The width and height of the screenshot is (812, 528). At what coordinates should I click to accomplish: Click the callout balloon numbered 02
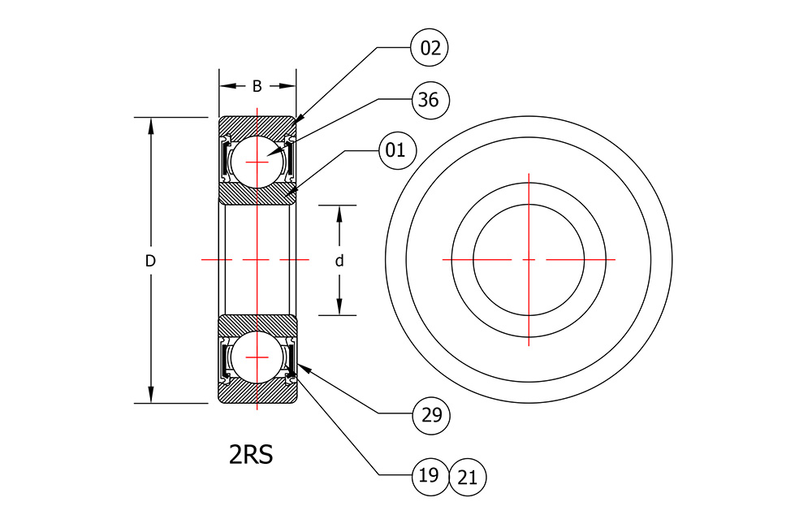pos(430,48)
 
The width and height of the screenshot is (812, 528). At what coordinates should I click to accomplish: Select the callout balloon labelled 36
pos(430,100)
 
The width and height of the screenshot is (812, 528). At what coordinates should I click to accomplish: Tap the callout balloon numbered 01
pos(398,150)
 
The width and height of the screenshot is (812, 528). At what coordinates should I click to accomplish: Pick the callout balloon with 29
pos(431,415)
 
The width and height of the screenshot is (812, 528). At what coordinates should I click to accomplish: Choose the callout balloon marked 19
pos(430,476)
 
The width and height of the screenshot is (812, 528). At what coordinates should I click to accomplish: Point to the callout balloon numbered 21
pos(467,477)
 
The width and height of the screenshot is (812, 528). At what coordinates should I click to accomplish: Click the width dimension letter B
pos(257,87)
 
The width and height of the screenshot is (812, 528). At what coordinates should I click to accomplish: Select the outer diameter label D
pos(150,261)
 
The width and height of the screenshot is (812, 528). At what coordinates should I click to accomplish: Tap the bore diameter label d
pos(339,261)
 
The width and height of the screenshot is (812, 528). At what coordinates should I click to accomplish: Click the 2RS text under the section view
pos(251,454)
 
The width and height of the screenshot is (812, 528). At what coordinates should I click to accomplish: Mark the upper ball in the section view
pos(257,162)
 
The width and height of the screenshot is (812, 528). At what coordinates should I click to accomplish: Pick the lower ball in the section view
pos(257,357)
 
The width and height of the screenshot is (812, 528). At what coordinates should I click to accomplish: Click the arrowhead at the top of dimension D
pos(151,125)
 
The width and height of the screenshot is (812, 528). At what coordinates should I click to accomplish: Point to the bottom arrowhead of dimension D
pos(151,394)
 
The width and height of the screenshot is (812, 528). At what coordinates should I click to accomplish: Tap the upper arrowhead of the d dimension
pos(339,214)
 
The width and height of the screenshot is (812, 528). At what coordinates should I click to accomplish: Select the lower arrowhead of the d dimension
pos(339,307)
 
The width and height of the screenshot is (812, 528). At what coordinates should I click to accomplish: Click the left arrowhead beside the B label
pos(227,86)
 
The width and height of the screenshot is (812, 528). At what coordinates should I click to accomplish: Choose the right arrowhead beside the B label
pos(287,86)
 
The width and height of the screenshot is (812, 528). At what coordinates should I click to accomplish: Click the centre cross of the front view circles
pos(529,259)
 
